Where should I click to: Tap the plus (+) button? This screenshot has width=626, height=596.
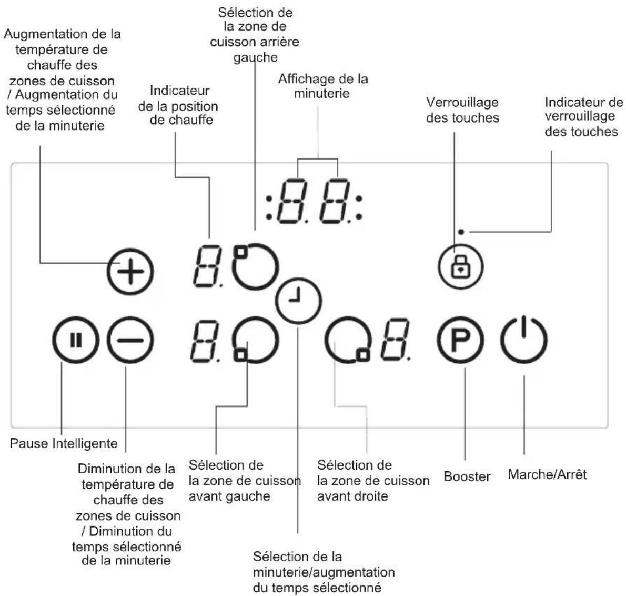coord(130,272)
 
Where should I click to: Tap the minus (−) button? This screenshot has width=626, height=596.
coord(130,340)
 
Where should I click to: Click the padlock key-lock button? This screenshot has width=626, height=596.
coord(461,266)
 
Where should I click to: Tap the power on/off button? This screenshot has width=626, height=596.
coord(524,340)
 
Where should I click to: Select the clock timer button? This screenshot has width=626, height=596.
coord(299,301)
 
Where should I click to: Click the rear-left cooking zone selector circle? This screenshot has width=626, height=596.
coord(256,266)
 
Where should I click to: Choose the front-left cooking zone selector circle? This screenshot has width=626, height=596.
coord(256,340)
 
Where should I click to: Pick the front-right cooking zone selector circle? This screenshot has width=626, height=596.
coord(348,340)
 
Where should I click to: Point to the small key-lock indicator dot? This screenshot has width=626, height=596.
coord(461,232)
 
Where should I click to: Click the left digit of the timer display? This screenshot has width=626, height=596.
coord(292,201)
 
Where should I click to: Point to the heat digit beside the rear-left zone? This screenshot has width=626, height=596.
coord(208,266)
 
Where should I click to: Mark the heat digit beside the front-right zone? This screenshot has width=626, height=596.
coord(395,340)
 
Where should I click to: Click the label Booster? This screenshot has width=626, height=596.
coord(467,476)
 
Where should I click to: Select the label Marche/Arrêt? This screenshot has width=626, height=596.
coord(547,474)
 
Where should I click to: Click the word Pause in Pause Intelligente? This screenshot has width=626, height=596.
coord(29,443)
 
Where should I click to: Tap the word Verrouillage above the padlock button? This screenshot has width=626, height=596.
coord(462,102)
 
